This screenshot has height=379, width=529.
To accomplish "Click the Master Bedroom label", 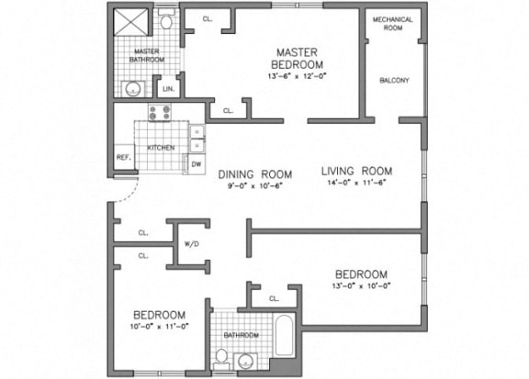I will pyautogui.click(x=298, y=57).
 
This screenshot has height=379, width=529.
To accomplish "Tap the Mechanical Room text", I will pyautogui.click(x=392, y=24).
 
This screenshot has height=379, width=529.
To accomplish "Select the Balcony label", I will pyautogui.click(x=394, y=80).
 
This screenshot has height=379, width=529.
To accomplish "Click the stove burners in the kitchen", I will pyautogui.click(x=162, y=115).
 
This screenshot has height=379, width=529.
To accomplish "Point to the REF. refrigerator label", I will pyautogui.click(x=123, y=157).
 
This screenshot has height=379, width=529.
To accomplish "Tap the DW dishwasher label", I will pyautogui.click(x=196, y=164).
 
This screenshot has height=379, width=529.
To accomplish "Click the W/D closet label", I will pyautogui.click(x=193, y=243).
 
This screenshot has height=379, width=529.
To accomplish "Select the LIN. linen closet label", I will pyautogui.click(x=168, y=90).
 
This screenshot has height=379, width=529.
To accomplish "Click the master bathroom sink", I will pyautogui.click(x=133, y=89).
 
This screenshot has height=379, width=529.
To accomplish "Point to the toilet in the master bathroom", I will pyautogui.click(x=167, y=20).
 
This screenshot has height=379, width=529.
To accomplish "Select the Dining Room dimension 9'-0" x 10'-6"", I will pyautogui.click(x=254, y=186).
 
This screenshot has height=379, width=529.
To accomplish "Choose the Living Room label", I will pyautogui.click(x=357, y=171).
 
